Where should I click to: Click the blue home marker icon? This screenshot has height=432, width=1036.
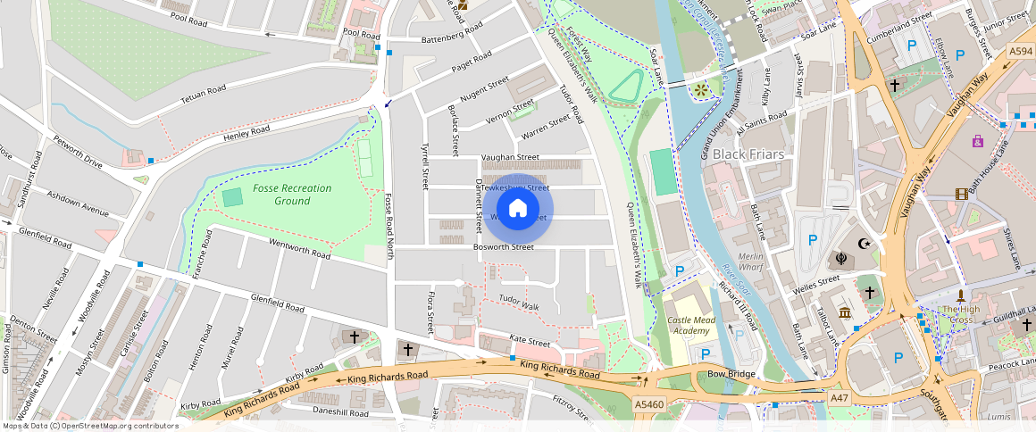click(518, 209)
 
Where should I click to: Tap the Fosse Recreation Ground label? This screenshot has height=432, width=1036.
click(291, 195)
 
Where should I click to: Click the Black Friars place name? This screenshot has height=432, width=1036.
click(748, 154)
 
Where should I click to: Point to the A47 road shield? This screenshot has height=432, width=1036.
click(839, 397)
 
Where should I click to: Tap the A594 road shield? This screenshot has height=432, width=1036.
click(1021, 52)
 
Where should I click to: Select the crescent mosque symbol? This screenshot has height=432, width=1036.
click(864, 243)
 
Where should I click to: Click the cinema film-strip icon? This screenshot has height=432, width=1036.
click(960, 194)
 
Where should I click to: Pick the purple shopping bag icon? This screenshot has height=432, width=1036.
click(978, 141)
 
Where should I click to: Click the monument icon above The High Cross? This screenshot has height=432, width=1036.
click(961, 295)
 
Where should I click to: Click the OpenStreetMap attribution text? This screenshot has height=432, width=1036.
click(90, 426)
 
